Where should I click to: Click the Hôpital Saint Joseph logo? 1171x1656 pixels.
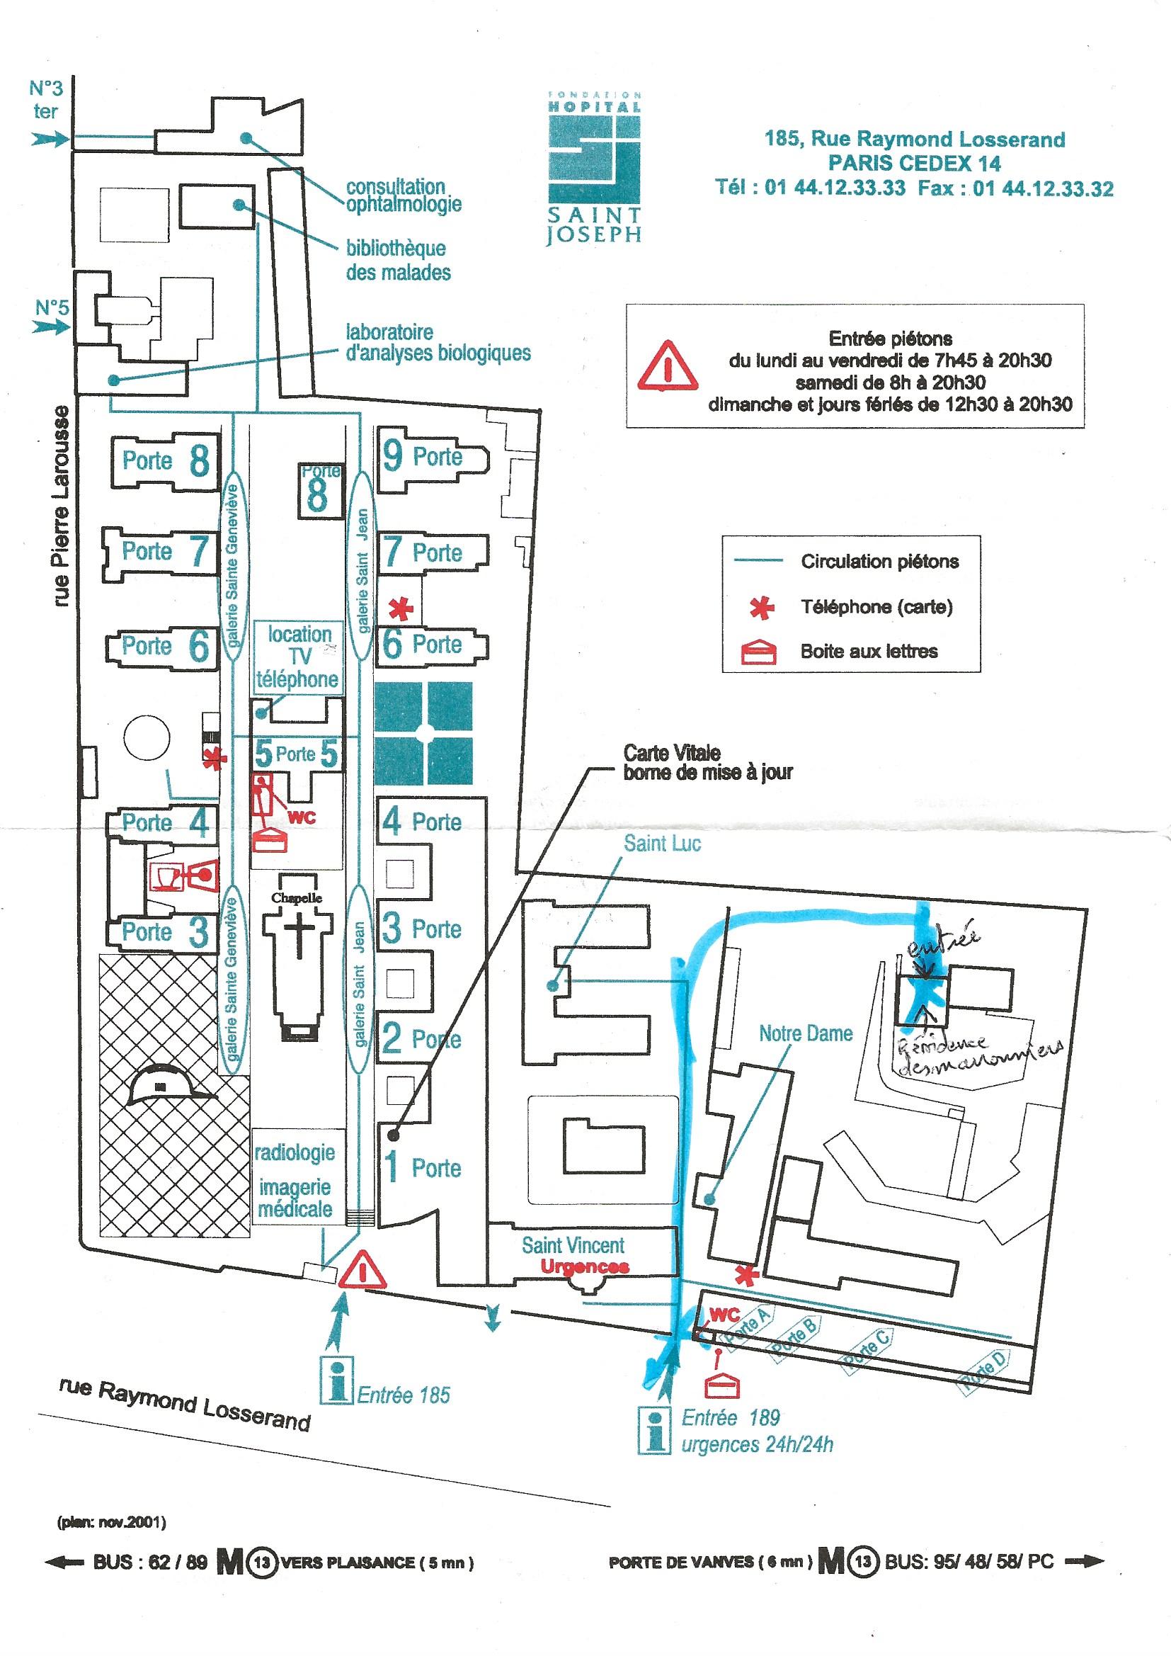tap(593, 166)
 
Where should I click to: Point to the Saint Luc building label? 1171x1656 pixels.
tap(662, 843)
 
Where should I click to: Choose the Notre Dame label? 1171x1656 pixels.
tap(806, 1033)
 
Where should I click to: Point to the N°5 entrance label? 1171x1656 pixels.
tap(52, 307)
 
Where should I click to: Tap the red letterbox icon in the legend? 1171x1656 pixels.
tap(762, 652)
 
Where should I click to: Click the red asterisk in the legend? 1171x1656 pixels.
tap(762, 608)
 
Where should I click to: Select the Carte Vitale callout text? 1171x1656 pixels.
tap(707, 762)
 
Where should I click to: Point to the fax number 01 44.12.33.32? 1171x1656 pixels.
tap(1043, 189)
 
